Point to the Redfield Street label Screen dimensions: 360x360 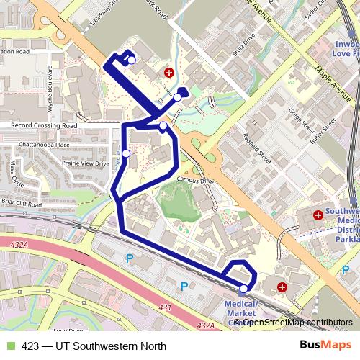(256, 144)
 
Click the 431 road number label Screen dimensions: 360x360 (166, 308)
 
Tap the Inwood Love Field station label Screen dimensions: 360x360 (346, 48)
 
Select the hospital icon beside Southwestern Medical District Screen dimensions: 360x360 (318, 214)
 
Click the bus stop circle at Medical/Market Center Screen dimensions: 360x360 (243, 289)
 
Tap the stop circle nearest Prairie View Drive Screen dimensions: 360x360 (126, 153)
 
